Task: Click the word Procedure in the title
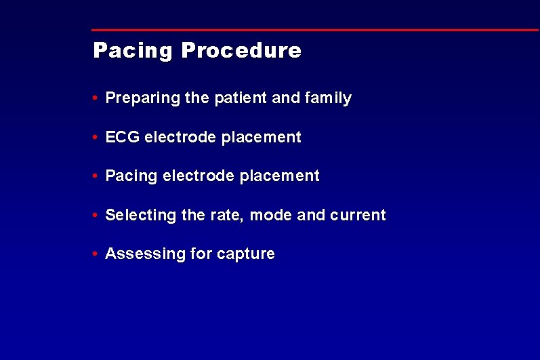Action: tap(241, 51)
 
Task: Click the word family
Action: tap(328, 98)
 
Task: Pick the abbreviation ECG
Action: tap(123, 137)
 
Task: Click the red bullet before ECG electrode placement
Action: tap(97, 138)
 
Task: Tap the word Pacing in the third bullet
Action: tap(131, 176)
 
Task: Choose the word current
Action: tap(357, 216)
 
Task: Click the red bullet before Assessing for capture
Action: tap(97, 254)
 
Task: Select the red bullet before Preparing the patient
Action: tap(97, 98)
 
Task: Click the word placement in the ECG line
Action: tap(261, 137)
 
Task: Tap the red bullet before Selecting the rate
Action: tap(97, 216)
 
